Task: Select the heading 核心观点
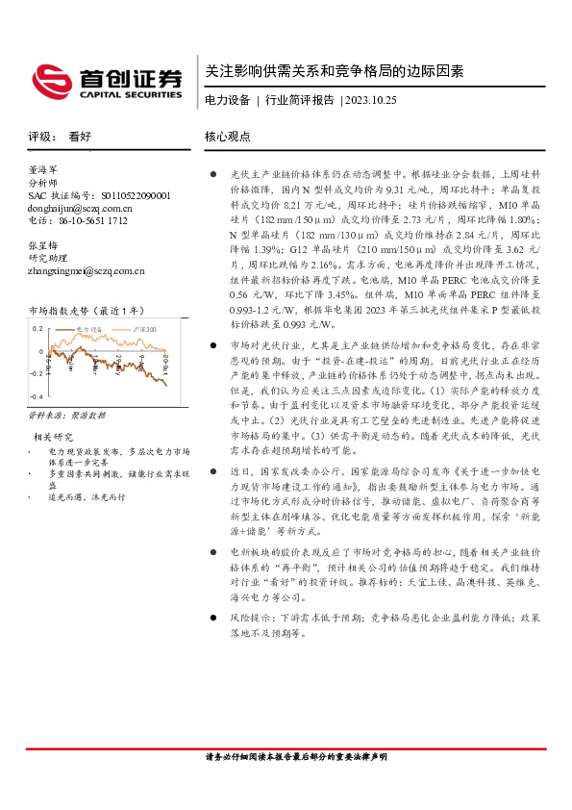tap(228, 137)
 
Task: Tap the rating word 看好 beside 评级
tap(80, 137)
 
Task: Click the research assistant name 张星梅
tap(44, 245)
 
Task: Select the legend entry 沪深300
tap(145, 329)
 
